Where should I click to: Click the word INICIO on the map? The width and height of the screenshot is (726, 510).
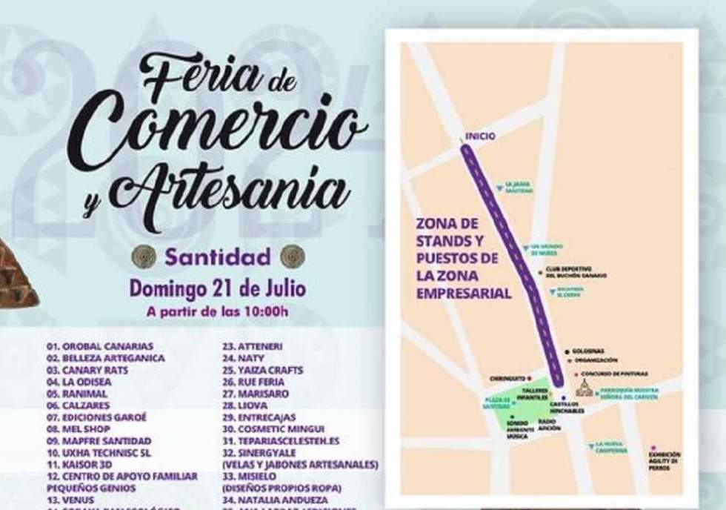click(480, 136)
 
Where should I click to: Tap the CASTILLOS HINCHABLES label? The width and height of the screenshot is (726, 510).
click(567, 407)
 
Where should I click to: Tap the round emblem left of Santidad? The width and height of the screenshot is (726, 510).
click(143, 256)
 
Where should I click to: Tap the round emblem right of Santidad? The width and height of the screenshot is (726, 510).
click(292, 256)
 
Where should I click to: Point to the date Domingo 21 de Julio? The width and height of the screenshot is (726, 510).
click(218, 288)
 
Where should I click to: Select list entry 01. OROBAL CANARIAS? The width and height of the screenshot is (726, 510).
click(99, 346)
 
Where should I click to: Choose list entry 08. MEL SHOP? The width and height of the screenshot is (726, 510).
click(78, 429)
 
